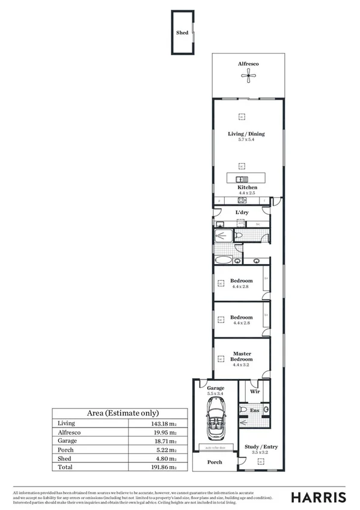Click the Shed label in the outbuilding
tap(182, 34)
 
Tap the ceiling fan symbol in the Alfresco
tap(246, 75)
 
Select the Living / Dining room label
tap(246, 134)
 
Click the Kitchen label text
tap(247, 188)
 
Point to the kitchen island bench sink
tap(239, 179)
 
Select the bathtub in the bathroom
tap(224, 260)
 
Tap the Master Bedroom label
tap(242, 356)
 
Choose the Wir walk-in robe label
tap(255, 391)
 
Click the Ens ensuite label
tap(255, 411)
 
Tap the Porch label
tap(215, 462)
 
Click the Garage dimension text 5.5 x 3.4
tap(215, 395)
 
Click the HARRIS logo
tap(319, 497)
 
